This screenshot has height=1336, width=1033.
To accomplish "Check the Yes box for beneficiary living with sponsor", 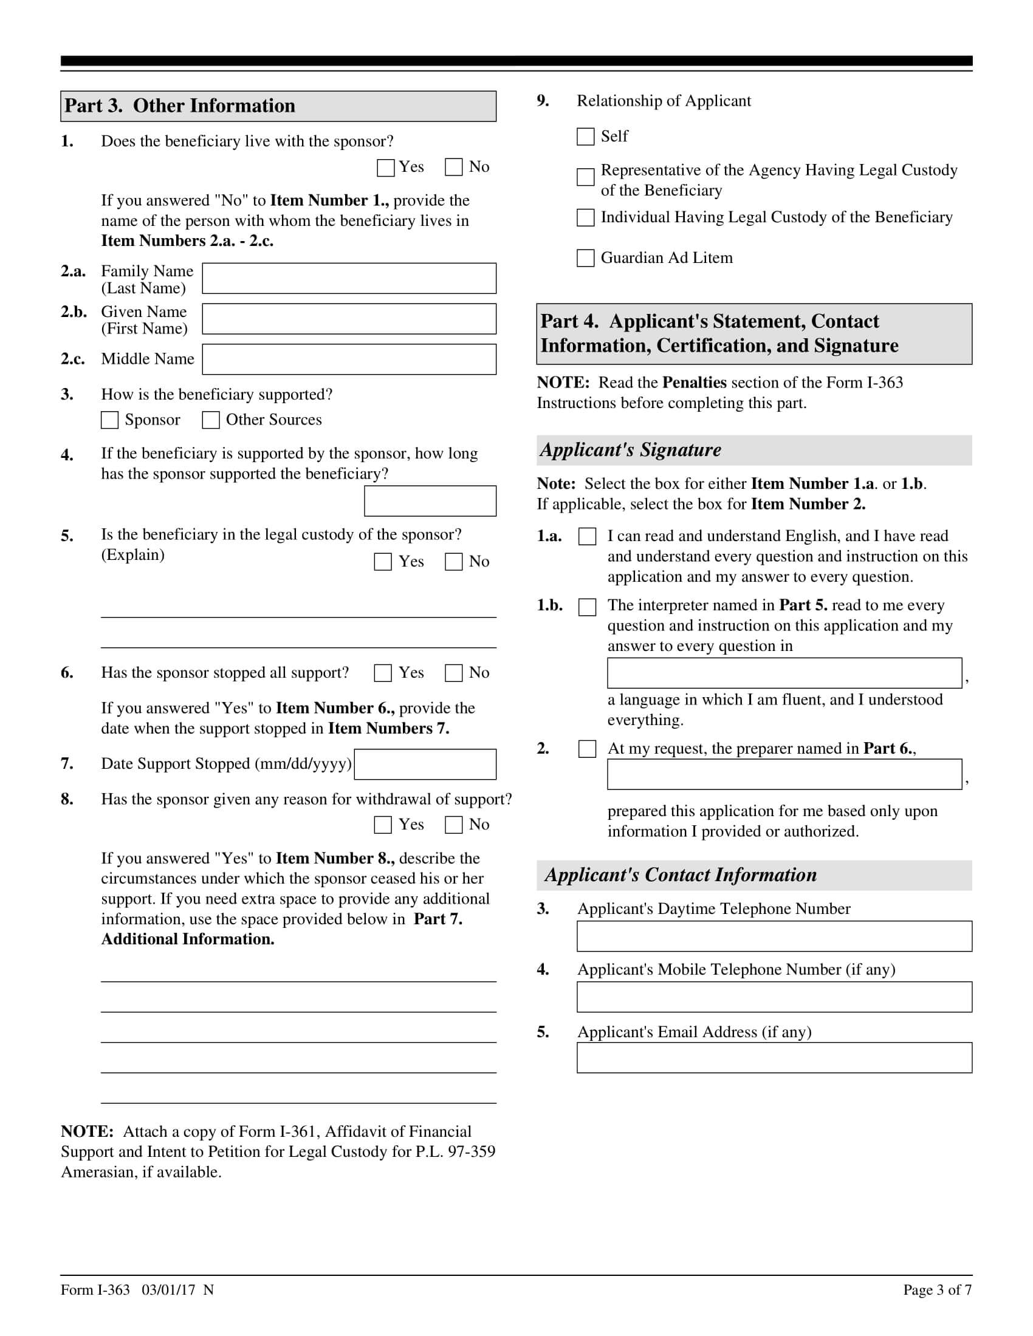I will (385, 168).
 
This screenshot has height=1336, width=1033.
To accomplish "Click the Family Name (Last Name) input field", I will (349, 278).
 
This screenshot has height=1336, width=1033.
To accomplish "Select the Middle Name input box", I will (349, 359).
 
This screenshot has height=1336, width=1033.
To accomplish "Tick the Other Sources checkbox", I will (210, 420).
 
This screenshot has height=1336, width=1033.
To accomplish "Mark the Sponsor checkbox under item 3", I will (109, 420).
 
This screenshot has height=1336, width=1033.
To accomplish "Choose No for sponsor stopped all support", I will (453, 673).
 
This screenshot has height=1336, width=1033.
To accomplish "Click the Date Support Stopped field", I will (425, 764).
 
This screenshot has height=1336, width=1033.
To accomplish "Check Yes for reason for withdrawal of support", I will (383, 825).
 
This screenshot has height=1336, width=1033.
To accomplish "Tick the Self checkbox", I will (586, 137).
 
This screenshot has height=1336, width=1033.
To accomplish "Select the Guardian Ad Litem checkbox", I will (586, 258).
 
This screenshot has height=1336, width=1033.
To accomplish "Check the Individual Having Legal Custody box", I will (586, 218).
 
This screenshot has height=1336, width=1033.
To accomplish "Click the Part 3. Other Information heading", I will (180, 106).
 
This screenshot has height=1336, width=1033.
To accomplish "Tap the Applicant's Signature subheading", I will (630, 450).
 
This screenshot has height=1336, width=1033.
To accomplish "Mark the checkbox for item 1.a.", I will (588, 536).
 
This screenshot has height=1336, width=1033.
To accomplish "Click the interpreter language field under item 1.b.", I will (784, 673).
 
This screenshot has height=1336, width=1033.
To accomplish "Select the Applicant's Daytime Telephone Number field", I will (774, 936).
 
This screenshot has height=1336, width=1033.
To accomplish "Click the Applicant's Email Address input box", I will (774, 1058).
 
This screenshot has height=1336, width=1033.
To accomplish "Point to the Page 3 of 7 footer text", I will (937, 1290).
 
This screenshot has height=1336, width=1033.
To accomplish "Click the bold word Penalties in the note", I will (695, 383).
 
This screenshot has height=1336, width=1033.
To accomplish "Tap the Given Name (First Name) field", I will (349, 319).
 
